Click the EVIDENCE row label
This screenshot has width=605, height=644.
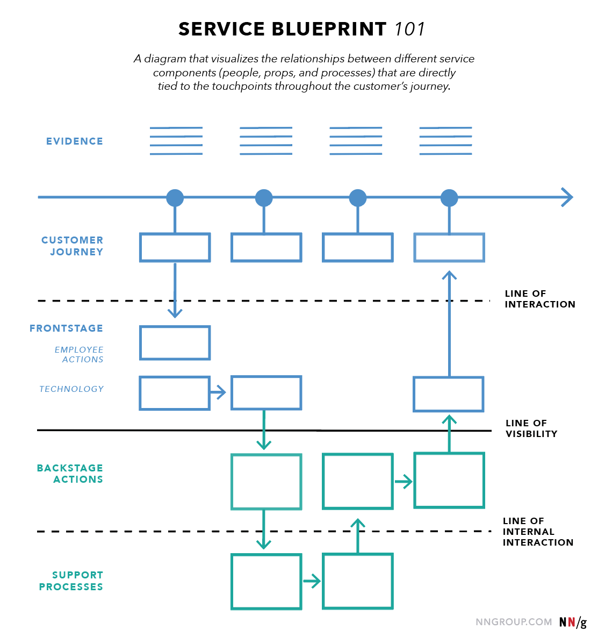click(74, 141)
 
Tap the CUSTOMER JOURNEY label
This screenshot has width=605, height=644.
click(73, 246)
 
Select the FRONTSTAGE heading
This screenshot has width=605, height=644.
click(66, 328)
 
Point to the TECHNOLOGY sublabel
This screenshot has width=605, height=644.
click(71, 389)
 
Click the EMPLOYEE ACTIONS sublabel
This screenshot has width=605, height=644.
click(79, 354)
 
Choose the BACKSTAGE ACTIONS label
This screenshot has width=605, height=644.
click(70, 474)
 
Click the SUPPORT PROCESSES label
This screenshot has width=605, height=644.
click(71, 581)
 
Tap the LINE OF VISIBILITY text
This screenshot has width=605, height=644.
click(531, 428)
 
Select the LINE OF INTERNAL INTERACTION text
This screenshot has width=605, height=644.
click(537, 532)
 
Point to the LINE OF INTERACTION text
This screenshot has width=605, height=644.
click(539, 299)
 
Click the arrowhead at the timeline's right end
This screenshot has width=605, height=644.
click(567, 197)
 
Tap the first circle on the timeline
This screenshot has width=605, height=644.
click(175, 198)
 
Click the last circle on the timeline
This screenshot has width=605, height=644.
click(449, 198)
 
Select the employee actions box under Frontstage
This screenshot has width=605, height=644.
click(175, 343)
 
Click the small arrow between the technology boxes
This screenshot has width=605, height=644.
click(218, 393)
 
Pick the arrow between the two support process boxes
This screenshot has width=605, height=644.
click(312, 581)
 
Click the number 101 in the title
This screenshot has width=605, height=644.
click(410, 29)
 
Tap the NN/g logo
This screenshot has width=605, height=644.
click(573, 622)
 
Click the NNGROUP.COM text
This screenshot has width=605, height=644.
click(514, 622)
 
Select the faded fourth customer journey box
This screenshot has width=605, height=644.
click(449, 248)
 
